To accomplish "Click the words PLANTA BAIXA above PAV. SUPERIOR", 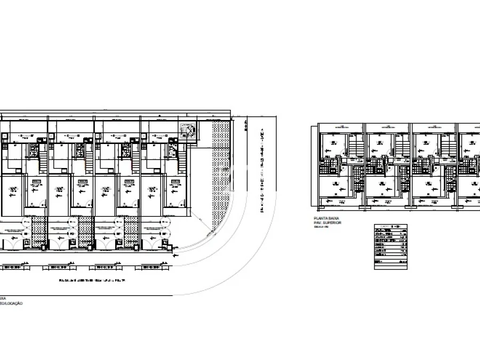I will click(326, 219).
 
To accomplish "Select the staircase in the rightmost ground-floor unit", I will click(182, 160).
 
